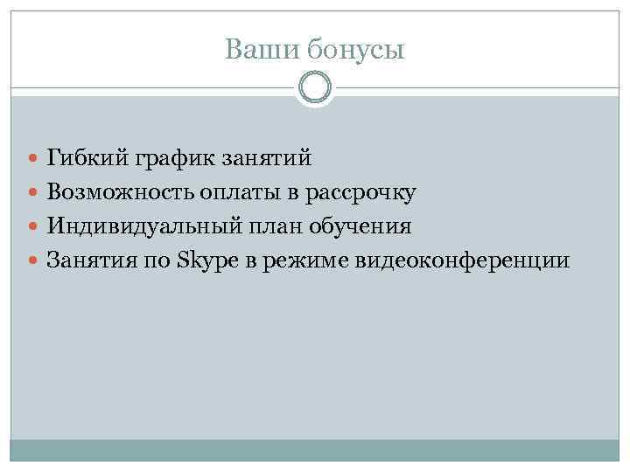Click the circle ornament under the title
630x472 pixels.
(315, 88)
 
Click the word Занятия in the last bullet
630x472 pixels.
(89, 260)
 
